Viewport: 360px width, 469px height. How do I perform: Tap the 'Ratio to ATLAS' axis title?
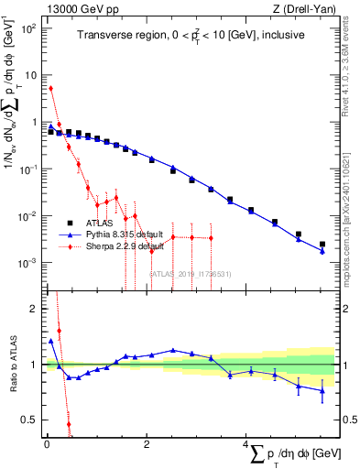(x=12, y=365)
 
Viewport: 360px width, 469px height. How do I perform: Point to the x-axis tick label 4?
(x=246, y=444)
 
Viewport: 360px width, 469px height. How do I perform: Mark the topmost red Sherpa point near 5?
(x=51, y=89)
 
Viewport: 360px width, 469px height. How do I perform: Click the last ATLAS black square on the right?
(x=322, y=245)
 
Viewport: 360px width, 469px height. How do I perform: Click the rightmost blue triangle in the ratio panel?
(x=322, y=391)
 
